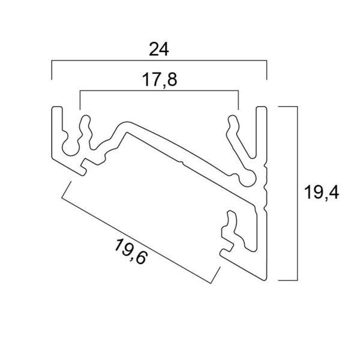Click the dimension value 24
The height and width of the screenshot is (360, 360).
[159, 49]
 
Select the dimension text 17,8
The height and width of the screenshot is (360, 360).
[160, 79]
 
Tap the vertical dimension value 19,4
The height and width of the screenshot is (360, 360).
[322, 193]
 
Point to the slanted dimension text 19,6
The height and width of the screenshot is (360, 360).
[130, 251]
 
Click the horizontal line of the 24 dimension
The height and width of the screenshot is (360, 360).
[159, 61]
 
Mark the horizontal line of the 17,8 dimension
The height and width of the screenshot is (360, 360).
[159, 91]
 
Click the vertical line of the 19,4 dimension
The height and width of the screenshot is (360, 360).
[298, 193]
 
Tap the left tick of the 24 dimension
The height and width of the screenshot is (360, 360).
[52, 70]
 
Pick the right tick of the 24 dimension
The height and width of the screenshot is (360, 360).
[266, 70]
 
